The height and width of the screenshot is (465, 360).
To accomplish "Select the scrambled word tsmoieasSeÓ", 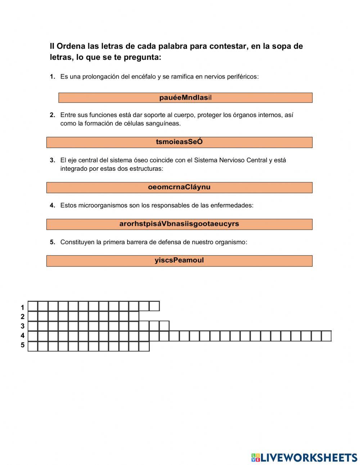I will (179, 142).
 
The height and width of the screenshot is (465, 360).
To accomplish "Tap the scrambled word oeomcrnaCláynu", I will (179, 187).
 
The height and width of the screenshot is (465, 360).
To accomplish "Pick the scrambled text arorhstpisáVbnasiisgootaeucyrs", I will (179, 224).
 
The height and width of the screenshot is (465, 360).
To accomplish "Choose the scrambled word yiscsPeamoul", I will (179, 260).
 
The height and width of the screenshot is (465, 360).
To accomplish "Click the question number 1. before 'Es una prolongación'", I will (53, 77).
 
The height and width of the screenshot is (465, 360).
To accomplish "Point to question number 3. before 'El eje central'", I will (53, 160).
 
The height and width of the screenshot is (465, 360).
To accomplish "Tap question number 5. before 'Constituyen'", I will (53, 242).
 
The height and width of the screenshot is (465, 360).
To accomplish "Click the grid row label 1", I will (22, 308).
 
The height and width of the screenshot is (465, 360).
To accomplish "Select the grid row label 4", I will (22, 336).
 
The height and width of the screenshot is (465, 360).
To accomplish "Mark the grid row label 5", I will (22, 345).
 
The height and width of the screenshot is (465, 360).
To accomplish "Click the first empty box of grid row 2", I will (33, 316).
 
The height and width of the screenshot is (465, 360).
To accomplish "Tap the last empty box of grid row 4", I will (326, 336).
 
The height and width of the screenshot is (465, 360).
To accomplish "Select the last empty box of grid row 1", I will (154, 306).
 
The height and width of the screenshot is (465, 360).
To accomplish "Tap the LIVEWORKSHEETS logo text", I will (309, 457).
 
